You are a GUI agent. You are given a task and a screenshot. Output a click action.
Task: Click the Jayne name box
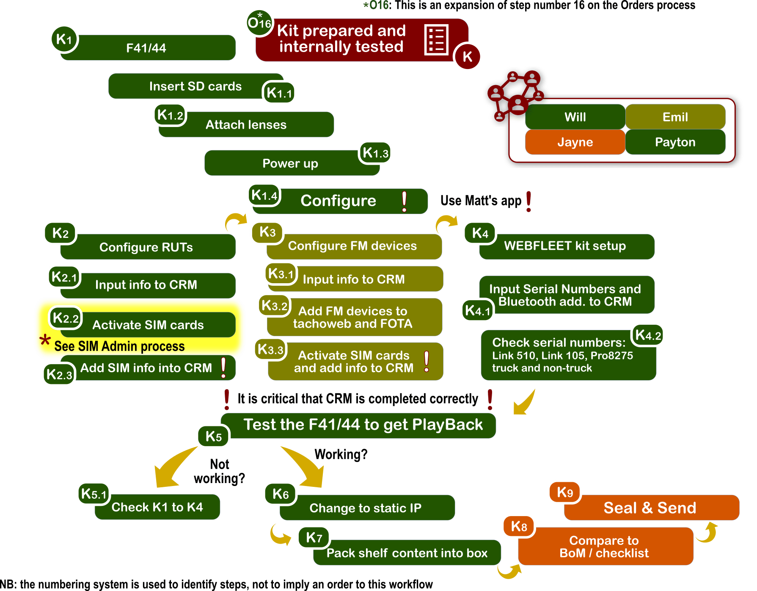pos(575,142)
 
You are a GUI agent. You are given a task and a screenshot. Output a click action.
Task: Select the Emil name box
pos(675,117)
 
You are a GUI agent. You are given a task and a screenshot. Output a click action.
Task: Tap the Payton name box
pos(675,142)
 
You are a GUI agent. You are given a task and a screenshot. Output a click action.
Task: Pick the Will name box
pos(575,117)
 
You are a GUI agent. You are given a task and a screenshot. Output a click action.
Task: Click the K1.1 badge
pos(279,93)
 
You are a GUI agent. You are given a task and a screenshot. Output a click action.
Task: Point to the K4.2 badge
pos(648,335)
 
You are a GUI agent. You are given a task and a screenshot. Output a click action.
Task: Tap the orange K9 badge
pos(565,492)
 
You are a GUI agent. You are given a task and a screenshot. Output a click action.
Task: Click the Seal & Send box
pos(651,508)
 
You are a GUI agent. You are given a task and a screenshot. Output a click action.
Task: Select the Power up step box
pos(291,163)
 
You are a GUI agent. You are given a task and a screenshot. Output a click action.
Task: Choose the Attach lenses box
pos(246,125)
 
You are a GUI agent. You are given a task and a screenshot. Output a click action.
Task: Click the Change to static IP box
pos(366,508)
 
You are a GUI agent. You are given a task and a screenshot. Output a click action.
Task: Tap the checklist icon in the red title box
pos(436,40)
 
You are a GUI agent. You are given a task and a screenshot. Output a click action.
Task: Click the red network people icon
pos(514,95)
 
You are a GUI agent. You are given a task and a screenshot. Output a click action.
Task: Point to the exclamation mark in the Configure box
pos(404,201)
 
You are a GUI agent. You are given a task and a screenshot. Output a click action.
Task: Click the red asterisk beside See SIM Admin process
pos(45,340)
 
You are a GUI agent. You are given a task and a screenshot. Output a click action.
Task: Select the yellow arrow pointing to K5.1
pos(171,468)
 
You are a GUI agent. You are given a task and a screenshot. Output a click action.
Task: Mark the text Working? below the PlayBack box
pos(341,455)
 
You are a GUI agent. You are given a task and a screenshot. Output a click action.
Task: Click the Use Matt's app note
pos(481,201)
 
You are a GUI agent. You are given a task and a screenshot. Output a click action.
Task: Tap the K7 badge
pos(314,537)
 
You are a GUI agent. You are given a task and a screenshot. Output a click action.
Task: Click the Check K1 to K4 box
pos(157,507)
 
